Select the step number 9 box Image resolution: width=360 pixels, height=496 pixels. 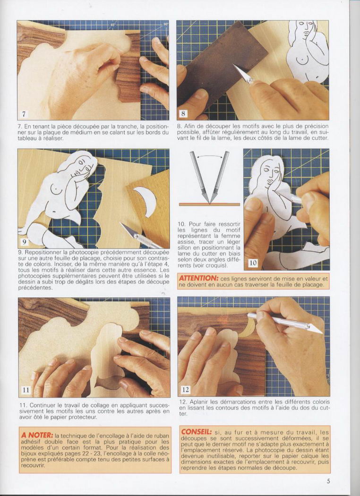[25, 242]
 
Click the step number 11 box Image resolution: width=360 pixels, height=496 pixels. [26, 390]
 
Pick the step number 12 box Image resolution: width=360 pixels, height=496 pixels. [186, 389]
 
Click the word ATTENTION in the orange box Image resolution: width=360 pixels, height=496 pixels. [198, 278]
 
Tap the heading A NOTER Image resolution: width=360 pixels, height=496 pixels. [36, 435]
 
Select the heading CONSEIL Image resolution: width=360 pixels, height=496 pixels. [197, 431]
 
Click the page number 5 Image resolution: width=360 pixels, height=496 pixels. [328, 481]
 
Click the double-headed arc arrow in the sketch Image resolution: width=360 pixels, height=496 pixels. [209, 155]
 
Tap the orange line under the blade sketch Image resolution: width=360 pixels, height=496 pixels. [209, 205]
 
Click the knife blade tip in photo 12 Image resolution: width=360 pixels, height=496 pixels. [322, 333]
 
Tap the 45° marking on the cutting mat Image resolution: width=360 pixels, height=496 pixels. [113, 25]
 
